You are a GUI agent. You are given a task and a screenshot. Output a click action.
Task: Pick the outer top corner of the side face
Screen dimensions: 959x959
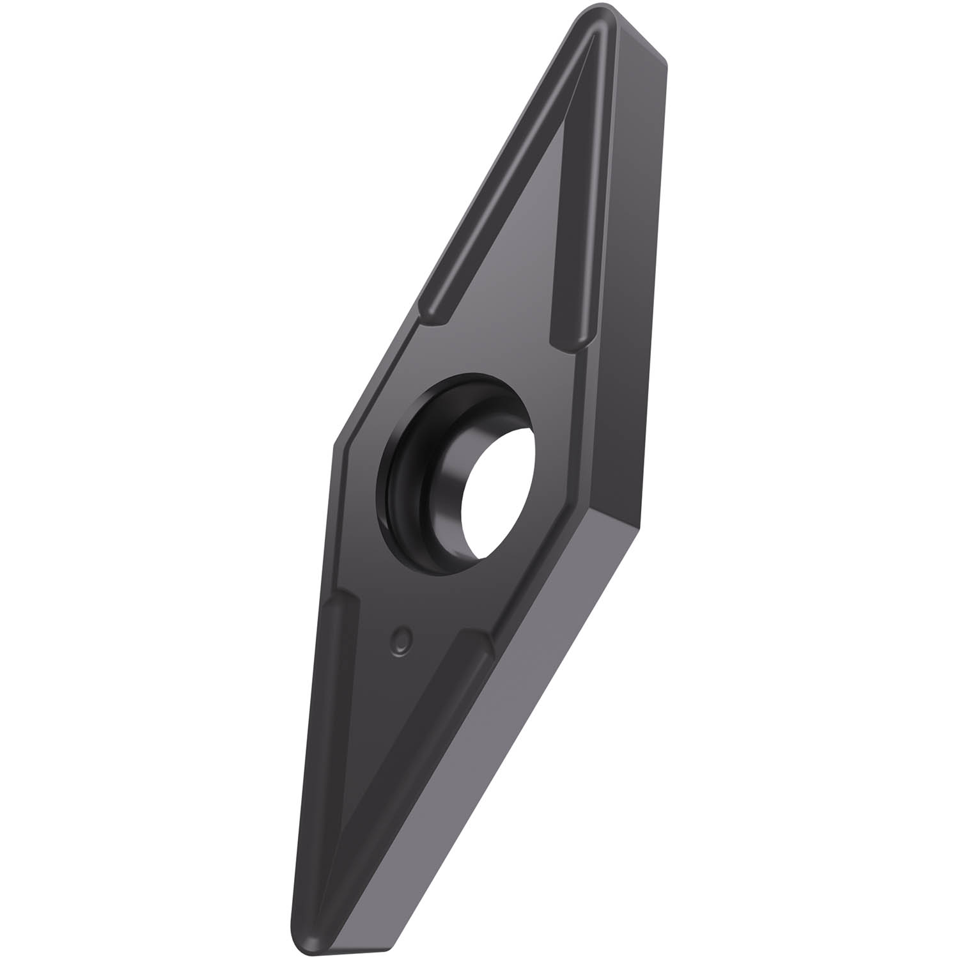[665, 61]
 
